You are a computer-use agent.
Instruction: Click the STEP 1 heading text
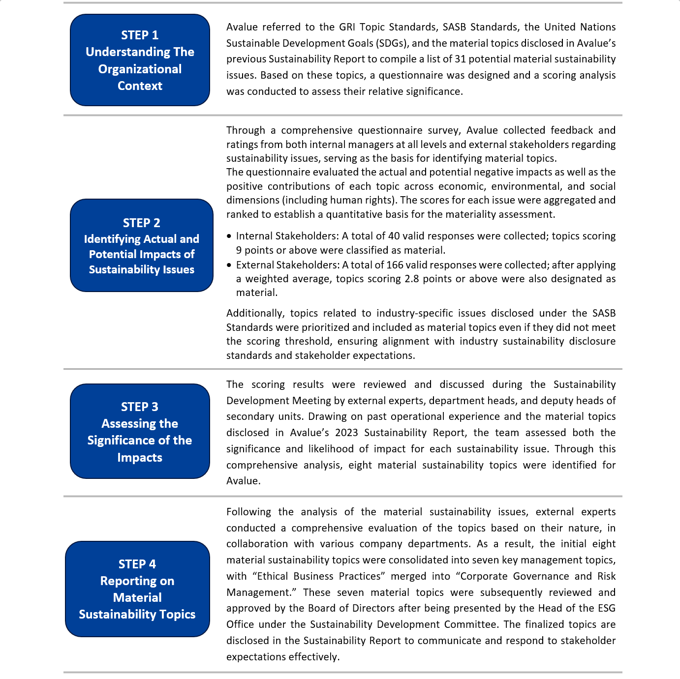140,35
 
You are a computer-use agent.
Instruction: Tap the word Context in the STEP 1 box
140,86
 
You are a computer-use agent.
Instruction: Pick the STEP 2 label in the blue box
141,223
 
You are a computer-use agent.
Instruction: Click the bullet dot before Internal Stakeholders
229,236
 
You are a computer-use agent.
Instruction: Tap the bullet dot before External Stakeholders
229,265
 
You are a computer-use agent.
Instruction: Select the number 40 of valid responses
394,236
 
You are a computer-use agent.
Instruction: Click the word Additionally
255,313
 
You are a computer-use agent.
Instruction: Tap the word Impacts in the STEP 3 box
140,457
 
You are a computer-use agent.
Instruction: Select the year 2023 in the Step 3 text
346,433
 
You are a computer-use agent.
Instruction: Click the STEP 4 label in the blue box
137,564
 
